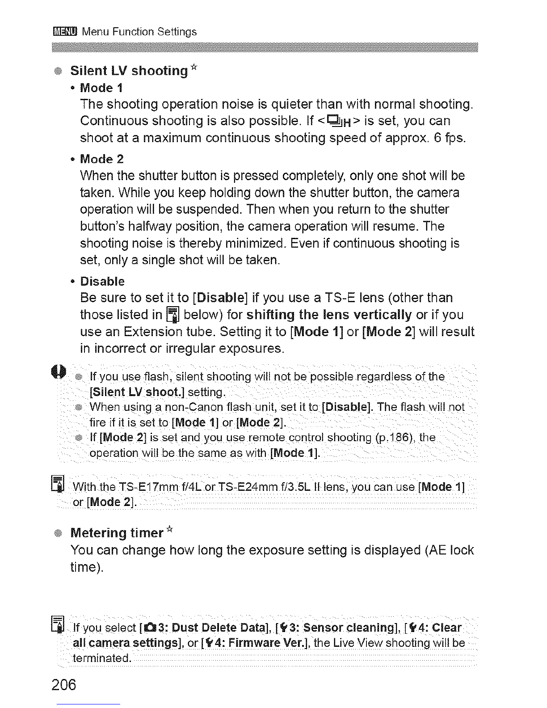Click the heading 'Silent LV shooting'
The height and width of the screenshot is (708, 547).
(129, 71)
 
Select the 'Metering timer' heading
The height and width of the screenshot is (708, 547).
(117, 533)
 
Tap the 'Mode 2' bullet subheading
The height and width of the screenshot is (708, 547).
(102, 159)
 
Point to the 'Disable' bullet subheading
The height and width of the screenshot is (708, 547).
(102, 282)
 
